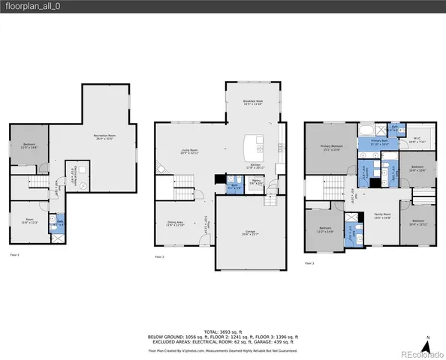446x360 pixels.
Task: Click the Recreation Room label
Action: point(104,136)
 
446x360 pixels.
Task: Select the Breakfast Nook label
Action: point(252,102)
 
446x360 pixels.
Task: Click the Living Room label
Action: point(190,152)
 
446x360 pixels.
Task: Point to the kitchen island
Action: point(256,142)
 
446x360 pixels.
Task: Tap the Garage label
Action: point(252,233)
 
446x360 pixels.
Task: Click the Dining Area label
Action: point(174,223)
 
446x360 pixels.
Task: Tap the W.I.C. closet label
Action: point(417,139)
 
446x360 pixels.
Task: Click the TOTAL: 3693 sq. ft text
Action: point(223,331)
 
